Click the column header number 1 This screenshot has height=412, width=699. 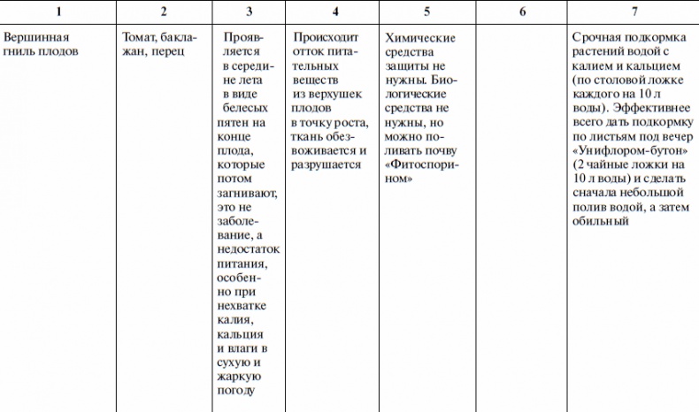pyautogui.click(x=58, y=11)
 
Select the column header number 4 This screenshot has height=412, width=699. pyautogui.click(x=334, y=11)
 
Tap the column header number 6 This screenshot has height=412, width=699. pyautogui.click(x=522, y=11)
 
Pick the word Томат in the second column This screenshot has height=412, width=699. pyautogui.click(x=139, y=39)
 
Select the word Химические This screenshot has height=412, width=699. pyautogui.click(x=421, y=39)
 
